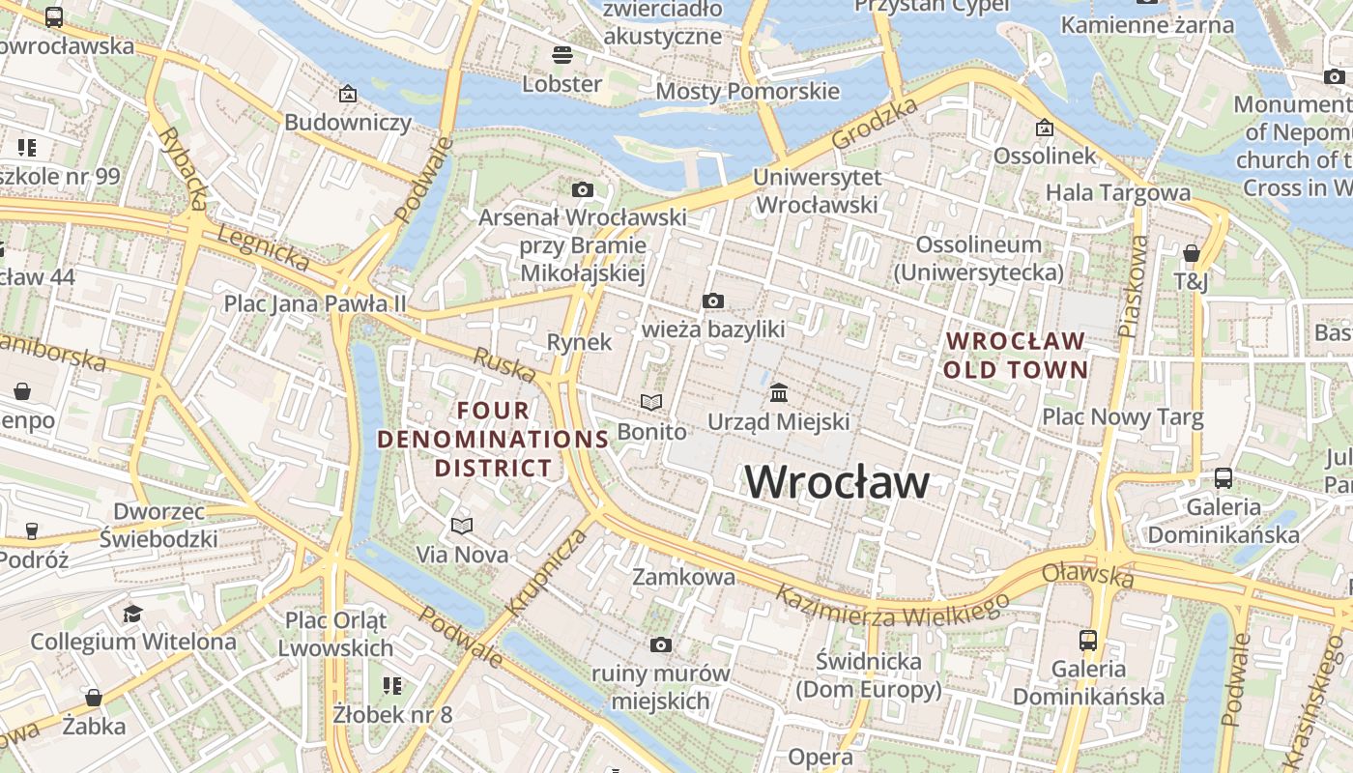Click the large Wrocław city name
[837, 482]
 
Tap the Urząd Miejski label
[779, 422]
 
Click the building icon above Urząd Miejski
[779, 393]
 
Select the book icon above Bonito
[652, 402]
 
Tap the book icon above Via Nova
[462, 526]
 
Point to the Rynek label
[580, 342]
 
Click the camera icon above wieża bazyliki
[713, 301]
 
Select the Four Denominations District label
[493, 440]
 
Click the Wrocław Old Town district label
[1016, 356]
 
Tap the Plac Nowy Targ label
[1122, 417]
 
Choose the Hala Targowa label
[1118, 192]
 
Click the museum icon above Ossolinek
[1045, 128]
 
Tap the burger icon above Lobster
[562, 54]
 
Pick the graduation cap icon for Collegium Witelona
[132, 614]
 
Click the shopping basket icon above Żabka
[94, 697]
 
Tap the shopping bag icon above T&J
[1192, 253]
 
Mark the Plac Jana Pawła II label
[315, 303]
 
